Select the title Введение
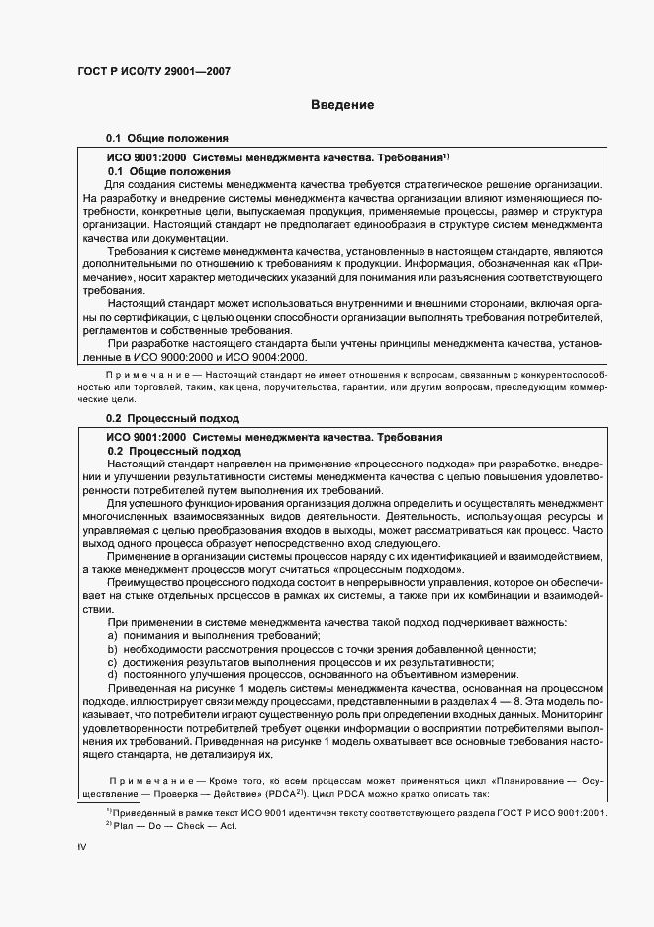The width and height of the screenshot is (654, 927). tap(342, 105)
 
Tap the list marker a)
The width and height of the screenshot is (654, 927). tap(114, 634)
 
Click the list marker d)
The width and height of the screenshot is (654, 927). tap(114, 673)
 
